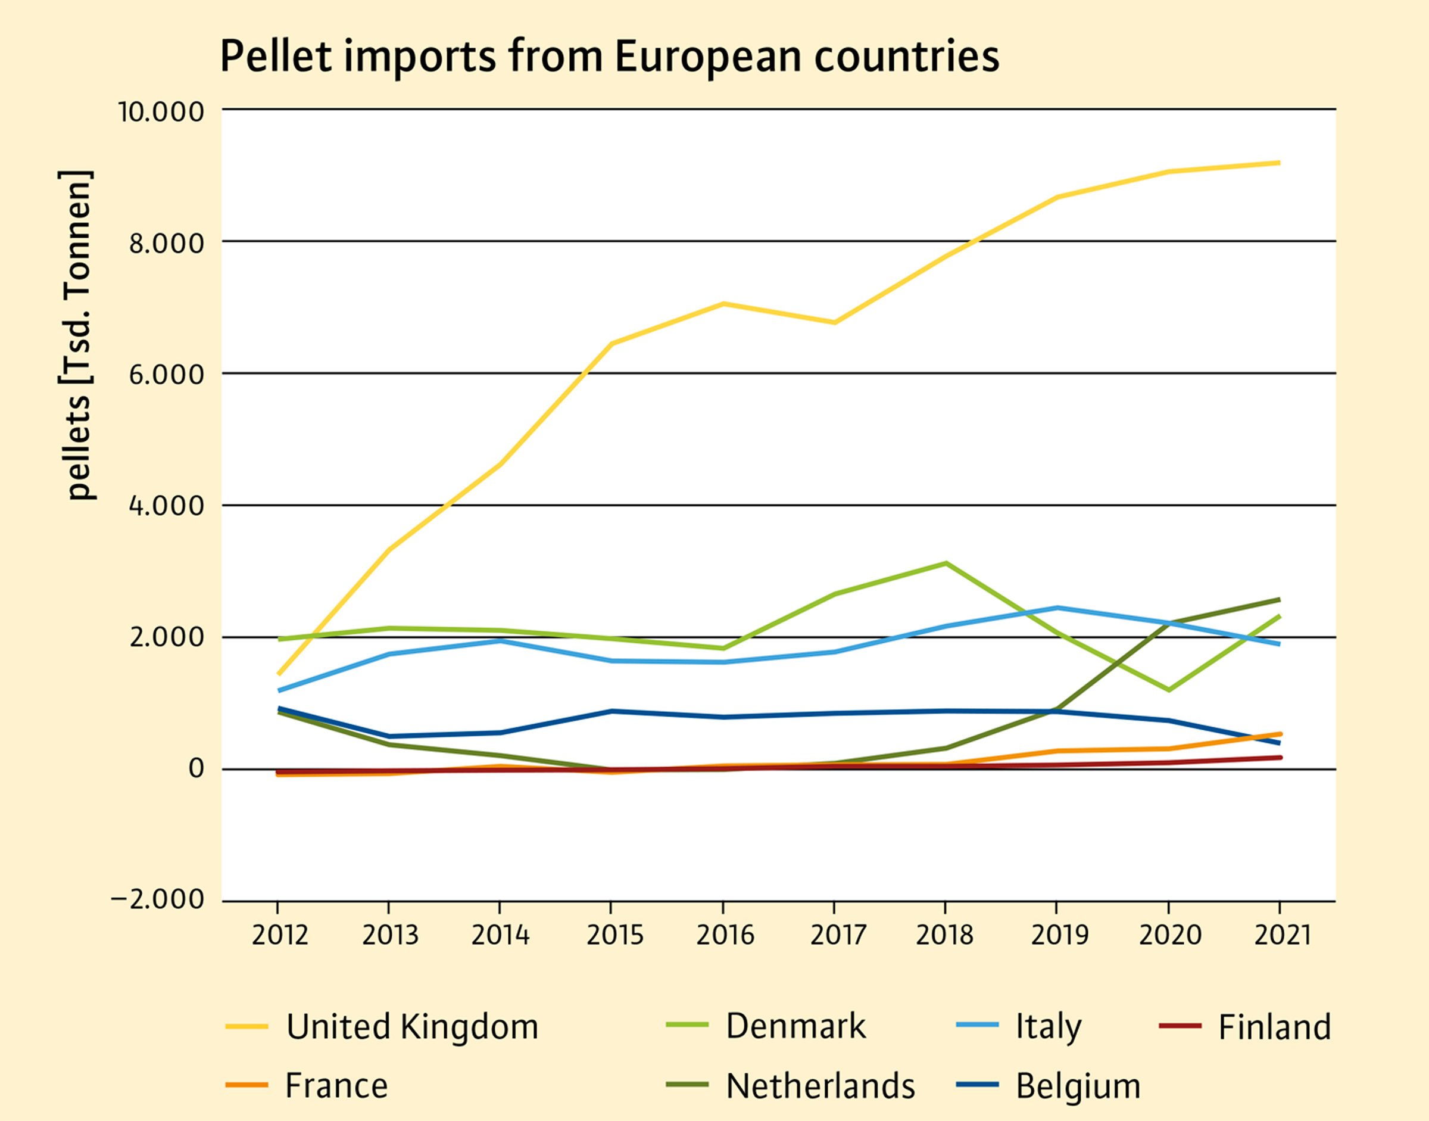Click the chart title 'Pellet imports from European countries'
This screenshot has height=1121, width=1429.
(x=609, y=57)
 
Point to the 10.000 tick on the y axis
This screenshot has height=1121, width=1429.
(x=161, y=111)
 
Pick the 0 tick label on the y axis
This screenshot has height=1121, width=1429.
(x=196, y=768)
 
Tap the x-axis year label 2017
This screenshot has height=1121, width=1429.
(x=838, y=935)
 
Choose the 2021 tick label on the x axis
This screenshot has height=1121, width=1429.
(x=1282, y=935)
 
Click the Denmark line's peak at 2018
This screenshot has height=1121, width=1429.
(x=946, y=563)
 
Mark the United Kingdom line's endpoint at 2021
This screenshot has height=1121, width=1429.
(x=1279, y=163)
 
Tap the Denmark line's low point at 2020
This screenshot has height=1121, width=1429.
(x=1169, y=690)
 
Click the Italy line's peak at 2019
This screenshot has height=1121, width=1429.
(x=1057, y=608)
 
